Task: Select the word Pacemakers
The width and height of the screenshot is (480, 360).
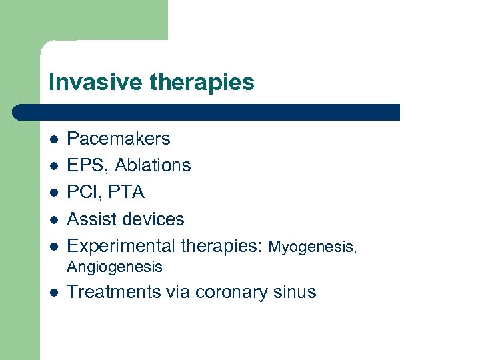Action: [119, 139]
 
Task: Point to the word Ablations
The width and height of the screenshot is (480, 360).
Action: [153, 165]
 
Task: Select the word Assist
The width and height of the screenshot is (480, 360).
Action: [92, 219]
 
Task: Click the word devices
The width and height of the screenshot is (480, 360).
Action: [153, 219]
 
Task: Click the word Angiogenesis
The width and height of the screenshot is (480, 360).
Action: [115, 267]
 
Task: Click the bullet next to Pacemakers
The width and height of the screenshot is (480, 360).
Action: [53, 139]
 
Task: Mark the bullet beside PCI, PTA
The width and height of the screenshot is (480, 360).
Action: [53, 193]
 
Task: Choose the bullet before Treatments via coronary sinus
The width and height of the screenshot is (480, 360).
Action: [53, 293]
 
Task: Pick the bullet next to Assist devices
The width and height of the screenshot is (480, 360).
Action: [53, 219]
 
